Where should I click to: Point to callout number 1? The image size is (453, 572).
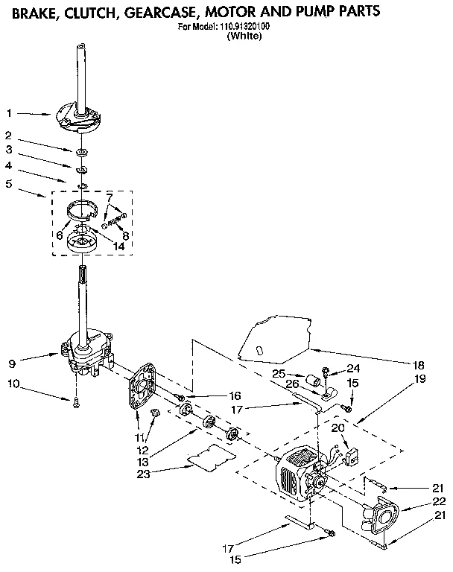click(8, 113)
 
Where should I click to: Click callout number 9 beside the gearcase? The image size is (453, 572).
click(11, 364)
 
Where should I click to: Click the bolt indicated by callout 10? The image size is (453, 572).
click(75, 403)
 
